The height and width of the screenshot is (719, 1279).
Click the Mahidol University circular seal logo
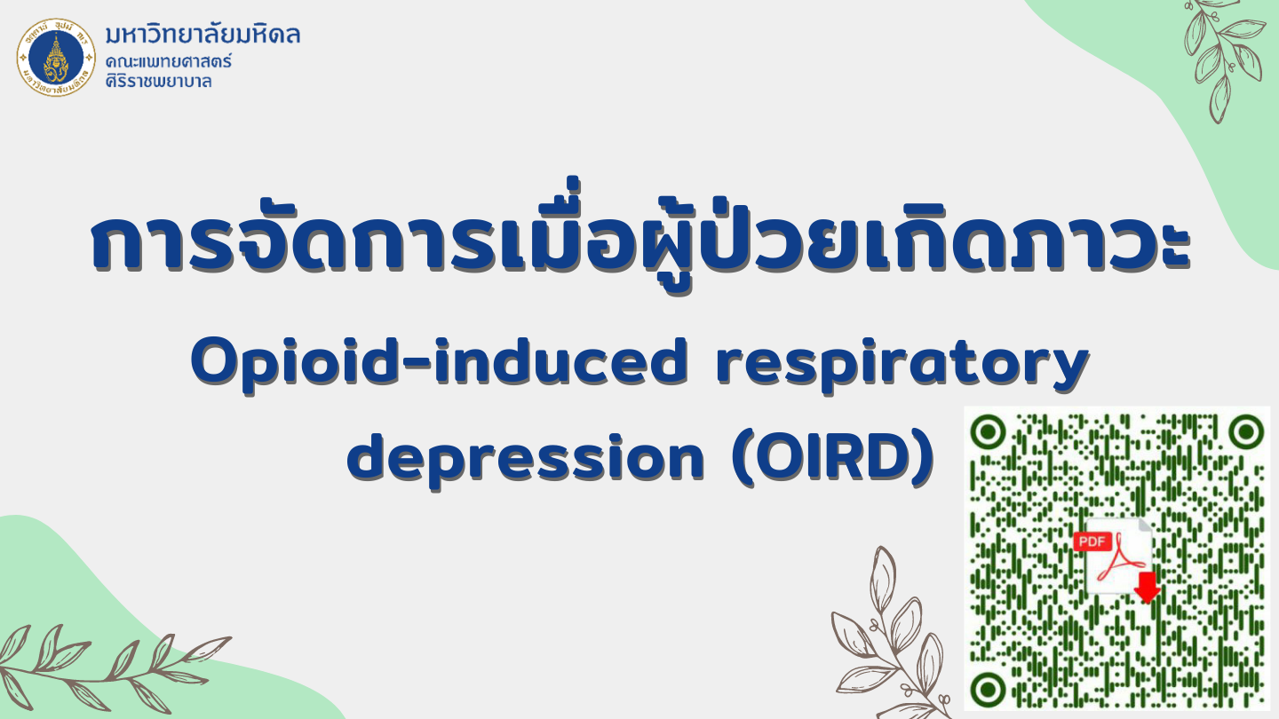click(x=56, y=57)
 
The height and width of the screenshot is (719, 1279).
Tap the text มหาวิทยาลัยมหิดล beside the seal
click(x=203, y=35)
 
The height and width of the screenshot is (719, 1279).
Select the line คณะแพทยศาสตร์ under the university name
click(x=169, y=60)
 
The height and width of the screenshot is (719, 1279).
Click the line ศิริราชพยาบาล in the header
click(x=159, y=81)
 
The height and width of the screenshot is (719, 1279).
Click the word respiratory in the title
click(x=902, y=367)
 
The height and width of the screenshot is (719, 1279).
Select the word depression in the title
click(x=525, y=461)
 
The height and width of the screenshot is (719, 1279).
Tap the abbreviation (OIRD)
click(x=834, y=460)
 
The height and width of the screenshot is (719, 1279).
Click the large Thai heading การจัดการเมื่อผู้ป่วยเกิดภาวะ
click(x=640, y=240)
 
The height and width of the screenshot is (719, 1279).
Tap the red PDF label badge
click(x=1092, y=541)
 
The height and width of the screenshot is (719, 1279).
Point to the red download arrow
click(x=1147, y=588)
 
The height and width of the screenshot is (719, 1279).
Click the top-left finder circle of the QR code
click(x=988, y=432)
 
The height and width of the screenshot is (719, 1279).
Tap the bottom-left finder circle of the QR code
click(x=988, y=690)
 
